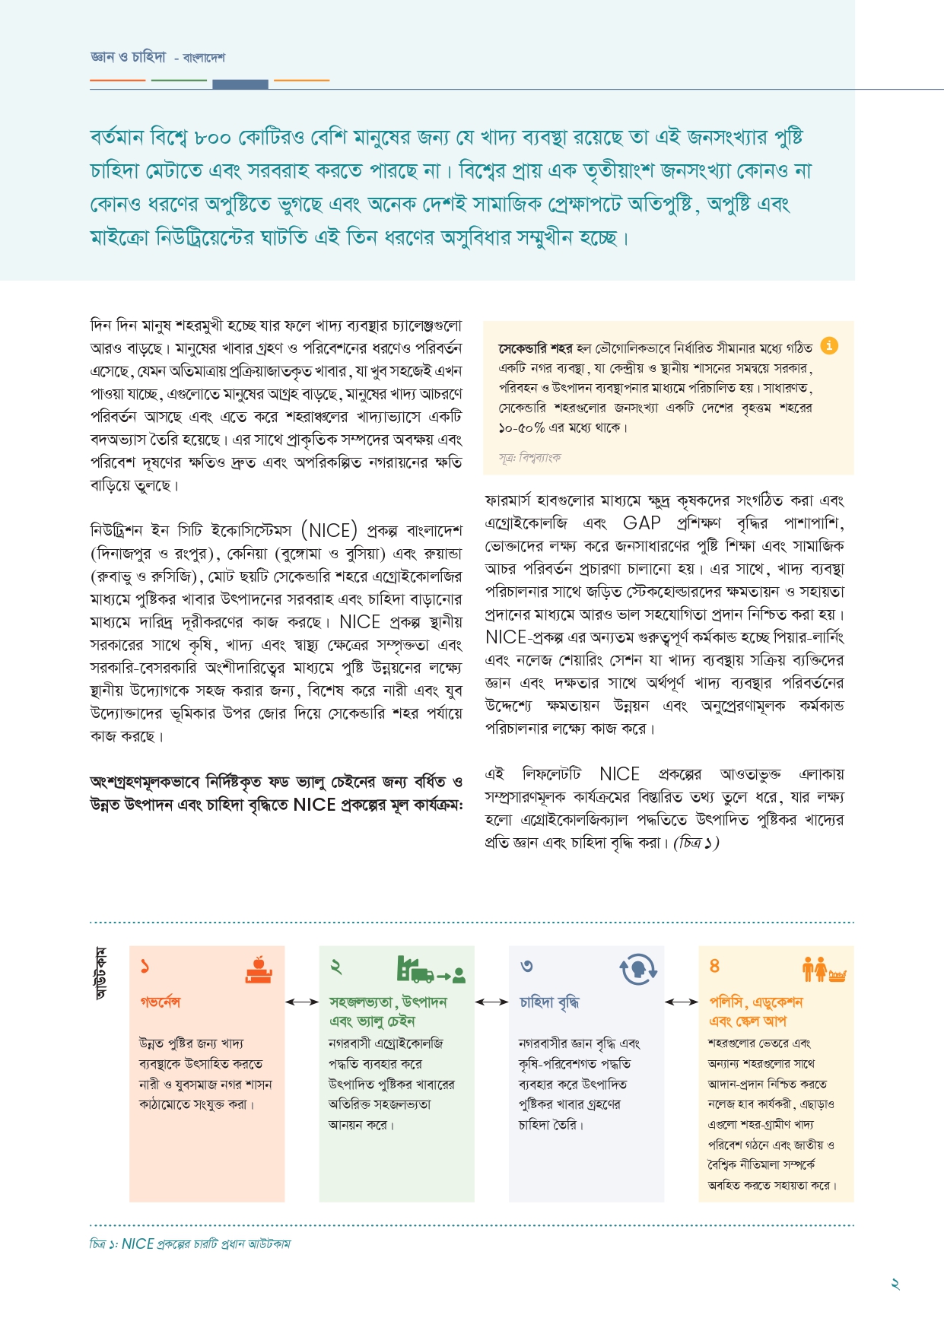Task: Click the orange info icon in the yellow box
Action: [x=829, y=345]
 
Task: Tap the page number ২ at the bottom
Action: [x=895, y=1284]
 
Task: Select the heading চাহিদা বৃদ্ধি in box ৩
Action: [x=549, y=1002]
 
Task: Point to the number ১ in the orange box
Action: [x=145, y=966]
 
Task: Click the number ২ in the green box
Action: [x=335, y=966]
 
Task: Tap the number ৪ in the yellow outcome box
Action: [x=714, y=966]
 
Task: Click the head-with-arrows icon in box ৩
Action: [x=638, y=969]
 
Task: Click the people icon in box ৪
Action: [x=824, y=969]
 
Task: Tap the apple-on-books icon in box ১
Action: [x=259, y=969]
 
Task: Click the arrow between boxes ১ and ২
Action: [x=302, y=1002]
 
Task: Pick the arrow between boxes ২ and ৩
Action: [x=491, y=1002]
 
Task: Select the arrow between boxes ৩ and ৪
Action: [x=682, y=1002]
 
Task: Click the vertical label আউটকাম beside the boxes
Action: [x=100, y=973]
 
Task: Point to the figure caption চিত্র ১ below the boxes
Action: [x=190, y=1244]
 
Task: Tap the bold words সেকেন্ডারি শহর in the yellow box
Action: [x=535, y=348]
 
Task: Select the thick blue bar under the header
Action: [x=240, y=84]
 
